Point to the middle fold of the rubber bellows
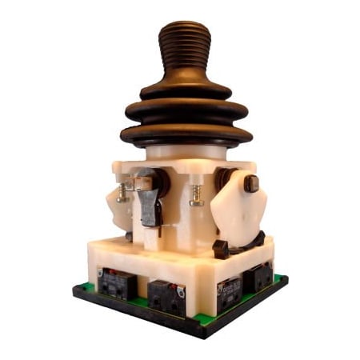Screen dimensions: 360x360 (x=186, y=110)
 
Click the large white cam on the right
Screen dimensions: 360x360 (x=237, y=208)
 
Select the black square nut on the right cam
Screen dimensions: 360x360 (x=251, y=184)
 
